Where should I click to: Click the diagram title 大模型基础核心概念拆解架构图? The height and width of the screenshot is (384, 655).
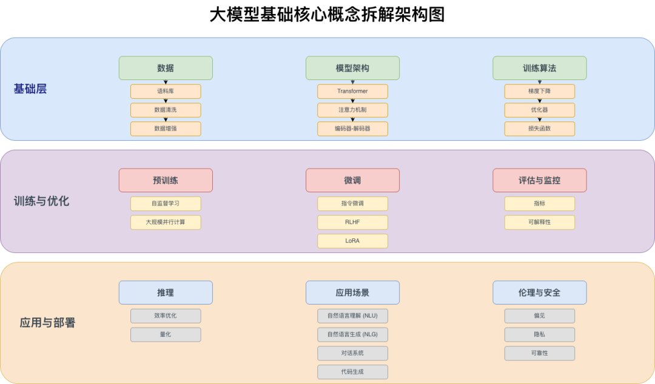(x=327, y=15)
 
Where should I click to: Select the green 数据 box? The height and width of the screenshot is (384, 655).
(x=166, y=68)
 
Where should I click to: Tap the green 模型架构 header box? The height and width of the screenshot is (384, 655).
(x=352, y=68)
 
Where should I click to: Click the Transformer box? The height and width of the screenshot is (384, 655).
(x=352, y=92)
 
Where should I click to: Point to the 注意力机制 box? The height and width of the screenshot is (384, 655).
(x=352, y=110)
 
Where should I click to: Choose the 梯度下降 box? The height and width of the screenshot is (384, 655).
(x=539, y=92)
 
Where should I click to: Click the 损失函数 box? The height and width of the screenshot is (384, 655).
(x=539, y=129)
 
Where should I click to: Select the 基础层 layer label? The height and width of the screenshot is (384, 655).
(x=30, y=89)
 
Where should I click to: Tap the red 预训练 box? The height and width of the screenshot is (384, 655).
(x=166, y=180)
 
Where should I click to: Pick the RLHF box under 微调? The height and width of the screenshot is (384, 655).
(x=352, y=222)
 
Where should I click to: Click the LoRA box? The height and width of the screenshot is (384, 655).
(x=352, y=241)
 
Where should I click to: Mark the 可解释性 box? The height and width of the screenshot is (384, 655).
(x=539, y=222)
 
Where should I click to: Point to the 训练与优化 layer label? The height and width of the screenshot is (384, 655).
(x=42, y=201)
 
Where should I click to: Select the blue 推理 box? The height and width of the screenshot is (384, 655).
(x=166, y=292)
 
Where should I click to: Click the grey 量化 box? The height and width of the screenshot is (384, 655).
(x=166, y=334)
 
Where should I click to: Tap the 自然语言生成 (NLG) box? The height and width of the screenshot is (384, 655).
(x=352, y=334)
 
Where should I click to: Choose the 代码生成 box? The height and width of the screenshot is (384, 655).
(x=352, y=371)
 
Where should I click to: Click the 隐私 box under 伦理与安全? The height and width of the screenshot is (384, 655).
(x=539, y=334)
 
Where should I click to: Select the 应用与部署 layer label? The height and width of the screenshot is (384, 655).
(x=48, y=323)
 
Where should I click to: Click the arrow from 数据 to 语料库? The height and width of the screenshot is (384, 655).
(x=166, y=82)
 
